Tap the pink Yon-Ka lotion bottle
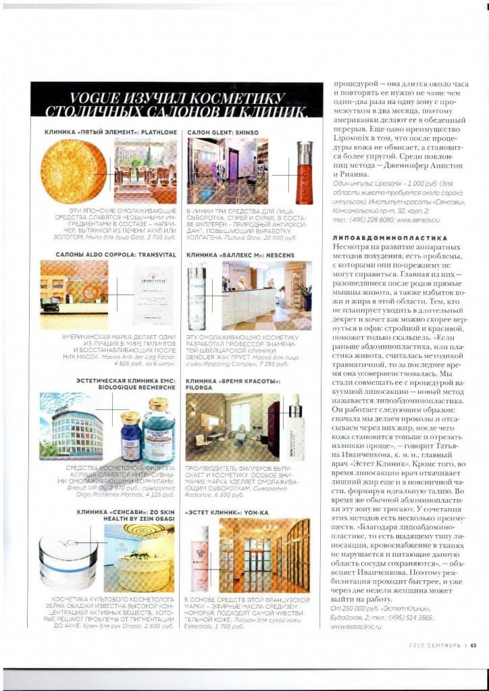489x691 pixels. [200, 557]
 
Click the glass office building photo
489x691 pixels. [70, 428]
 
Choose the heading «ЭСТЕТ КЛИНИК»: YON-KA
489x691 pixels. [226, 513]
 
